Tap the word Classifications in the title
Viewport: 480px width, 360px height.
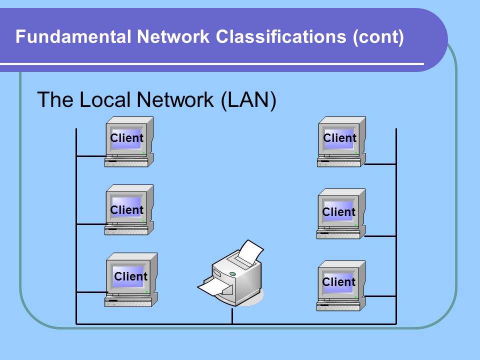pos(281,36)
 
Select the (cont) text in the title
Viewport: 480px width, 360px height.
pos(378,37)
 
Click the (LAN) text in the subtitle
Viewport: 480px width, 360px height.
pos(248,100)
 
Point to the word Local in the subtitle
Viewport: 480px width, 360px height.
pos(105,100)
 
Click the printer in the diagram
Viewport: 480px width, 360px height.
pos(231,273)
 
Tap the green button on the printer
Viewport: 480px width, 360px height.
pos(232,273)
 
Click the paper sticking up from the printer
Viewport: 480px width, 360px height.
pos(250,252)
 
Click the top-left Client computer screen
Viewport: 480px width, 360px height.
pos(126,138)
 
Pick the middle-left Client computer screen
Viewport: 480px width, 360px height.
pos(126,207)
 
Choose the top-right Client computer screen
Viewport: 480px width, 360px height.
pos(339,138)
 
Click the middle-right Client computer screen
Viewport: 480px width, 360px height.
pos(338,211)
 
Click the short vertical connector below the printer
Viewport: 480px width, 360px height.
pos(232,316)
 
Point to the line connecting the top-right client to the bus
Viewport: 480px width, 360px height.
pos(380,164)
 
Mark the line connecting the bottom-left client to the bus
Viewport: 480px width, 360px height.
pos(91,292)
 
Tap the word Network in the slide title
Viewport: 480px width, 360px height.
pos(173,36)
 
